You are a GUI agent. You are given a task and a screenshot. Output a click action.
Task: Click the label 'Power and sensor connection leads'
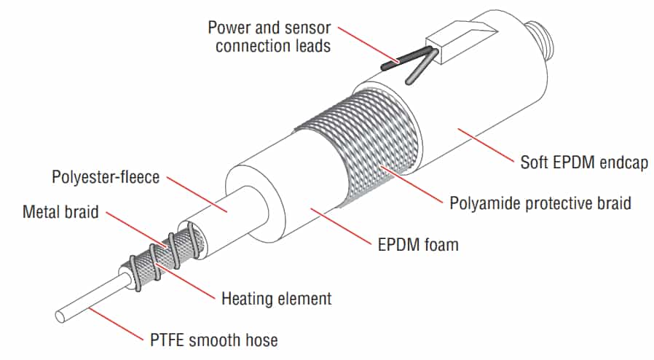pyautogui.click(x=269, y=36)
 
